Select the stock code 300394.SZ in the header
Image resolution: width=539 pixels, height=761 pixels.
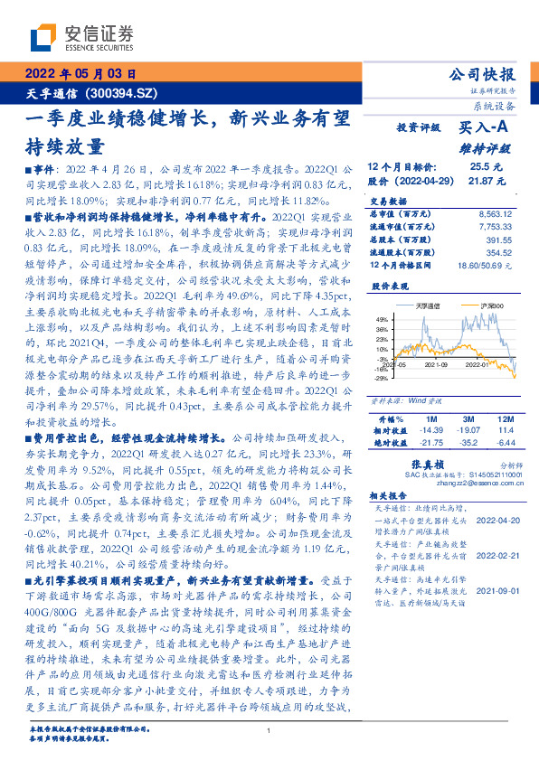(127, 93)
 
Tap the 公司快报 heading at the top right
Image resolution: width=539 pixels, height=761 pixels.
(483, 74)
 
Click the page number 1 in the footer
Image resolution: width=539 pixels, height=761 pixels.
(269, 733)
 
